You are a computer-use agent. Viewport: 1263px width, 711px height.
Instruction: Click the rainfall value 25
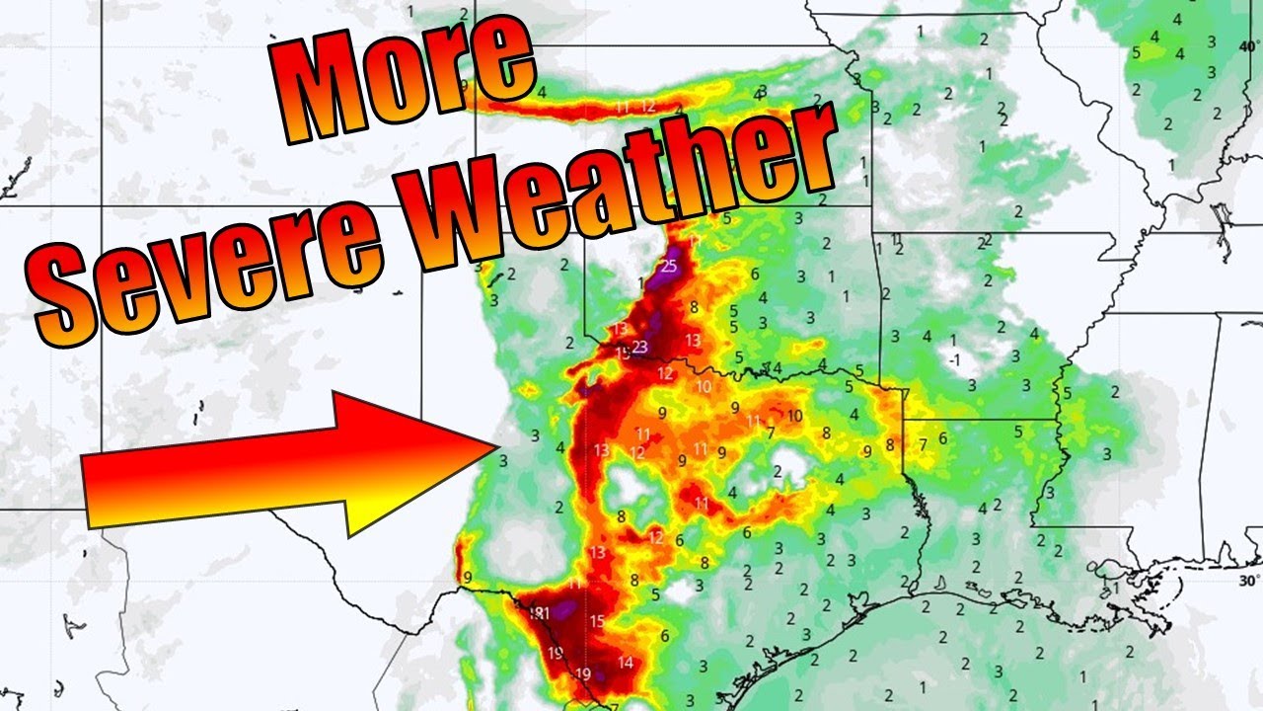[x=669, y=266]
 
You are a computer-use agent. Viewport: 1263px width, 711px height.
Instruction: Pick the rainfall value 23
[x=639, y=347]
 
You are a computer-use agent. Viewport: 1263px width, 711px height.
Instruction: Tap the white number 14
[x=625, y=663]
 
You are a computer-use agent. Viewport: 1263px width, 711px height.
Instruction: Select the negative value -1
[x=953, y=360]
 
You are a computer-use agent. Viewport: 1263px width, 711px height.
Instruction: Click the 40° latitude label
[x=1249, y=45]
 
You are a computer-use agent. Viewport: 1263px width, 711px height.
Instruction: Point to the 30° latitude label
[x=1249, y=581]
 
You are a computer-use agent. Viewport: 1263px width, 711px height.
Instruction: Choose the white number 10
[x=704, y=387]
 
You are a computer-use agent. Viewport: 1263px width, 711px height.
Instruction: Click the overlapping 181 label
[x=540, y=614]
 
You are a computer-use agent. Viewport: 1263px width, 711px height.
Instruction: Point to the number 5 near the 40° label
[x=1136, y=51]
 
